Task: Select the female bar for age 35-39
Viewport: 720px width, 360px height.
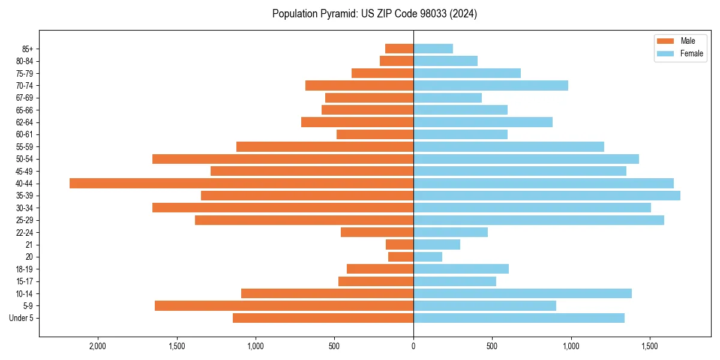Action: [547, 196]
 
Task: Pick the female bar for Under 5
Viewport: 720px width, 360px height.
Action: [518, 318]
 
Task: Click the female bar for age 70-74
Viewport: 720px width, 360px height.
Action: [490, 85]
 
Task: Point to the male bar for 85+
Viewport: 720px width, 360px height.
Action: [399, 49]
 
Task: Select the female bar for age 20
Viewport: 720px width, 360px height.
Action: [428, 257]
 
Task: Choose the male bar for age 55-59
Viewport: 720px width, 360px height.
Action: [325, 146]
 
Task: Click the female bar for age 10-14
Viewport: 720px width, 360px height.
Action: [522, 293]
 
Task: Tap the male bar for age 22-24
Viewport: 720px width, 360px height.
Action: [377, 232]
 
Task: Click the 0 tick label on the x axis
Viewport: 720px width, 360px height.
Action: [413, 346]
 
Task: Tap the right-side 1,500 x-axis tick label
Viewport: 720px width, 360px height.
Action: [650, 346]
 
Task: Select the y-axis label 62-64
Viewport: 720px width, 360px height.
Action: [25, 122]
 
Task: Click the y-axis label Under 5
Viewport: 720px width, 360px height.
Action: [22, 318]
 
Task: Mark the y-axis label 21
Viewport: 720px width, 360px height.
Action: [29, 245]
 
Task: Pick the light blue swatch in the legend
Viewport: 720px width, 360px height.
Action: [665, 53]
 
